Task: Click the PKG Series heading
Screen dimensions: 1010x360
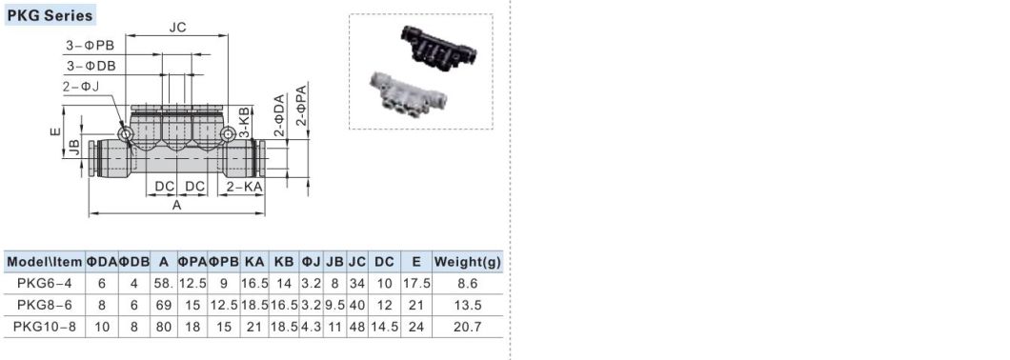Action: (x=50, y=15)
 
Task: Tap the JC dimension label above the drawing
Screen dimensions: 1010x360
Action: (x=177, y=28)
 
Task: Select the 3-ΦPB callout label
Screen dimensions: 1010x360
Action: (x=91, y=46)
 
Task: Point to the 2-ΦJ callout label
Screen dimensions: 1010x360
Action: (x=81, y=86)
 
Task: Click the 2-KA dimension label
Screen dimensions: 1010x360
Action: (x=245, y=187)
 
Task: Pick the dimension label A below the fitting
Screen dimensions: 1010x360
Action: (x=177, y=206)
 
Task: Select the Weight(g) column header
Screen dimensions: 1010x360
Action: (x=467, y=262)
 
